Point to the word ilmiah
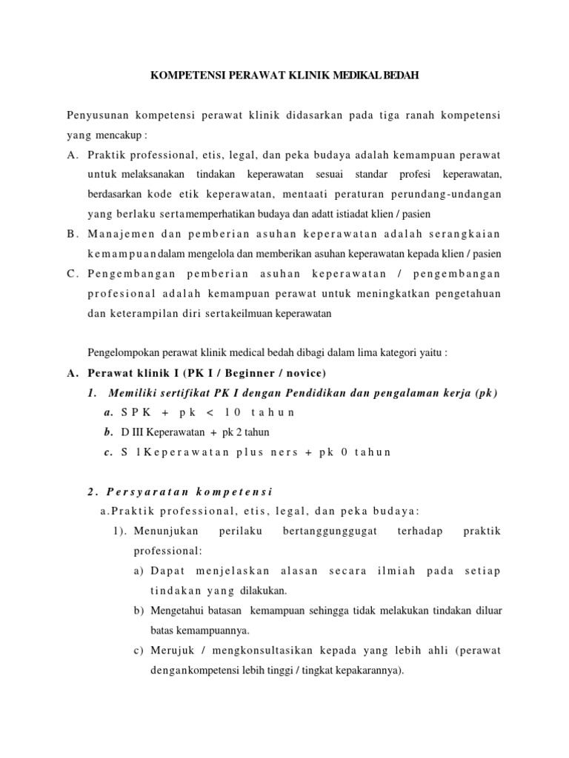tap(395, 571)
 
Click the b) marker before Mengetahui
tap(139, 611)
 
